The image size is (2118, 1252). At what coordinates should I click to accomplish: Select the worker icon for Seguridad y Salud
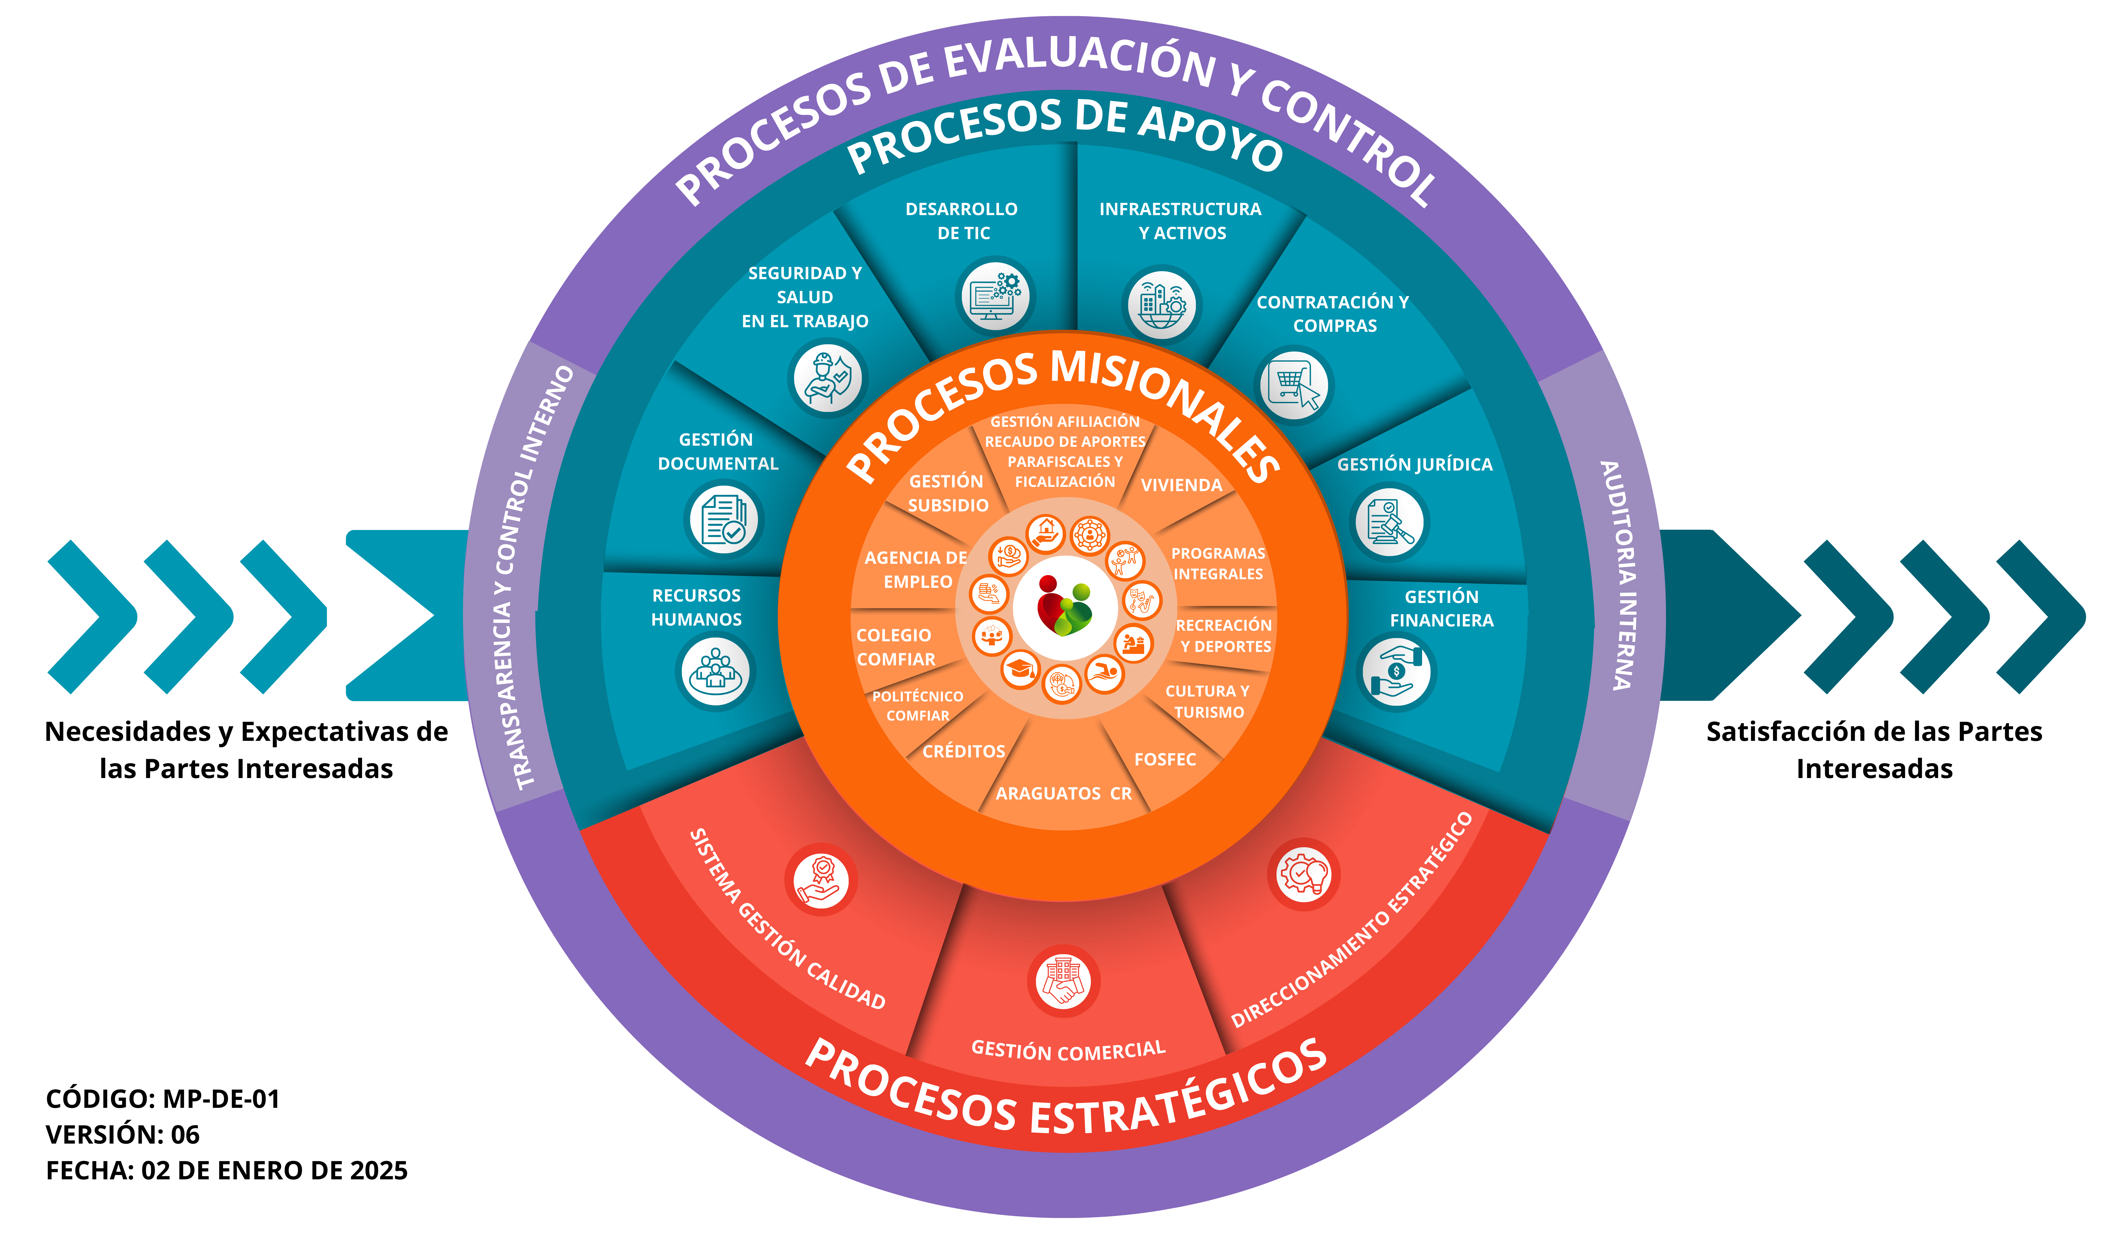tap(827, 378)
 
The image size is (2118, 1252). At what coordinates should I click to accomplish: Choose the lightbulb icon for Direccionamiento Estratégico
tap(1303, 874)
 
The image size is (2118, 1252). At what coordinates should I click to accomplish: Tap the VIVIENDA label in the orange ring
tap(1181, 485)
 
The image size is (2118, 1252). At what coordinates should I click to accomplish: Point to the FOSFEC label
tap(1165, 759)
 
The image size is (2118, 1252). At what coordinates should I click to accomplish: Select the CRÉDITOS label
tap(963, 751)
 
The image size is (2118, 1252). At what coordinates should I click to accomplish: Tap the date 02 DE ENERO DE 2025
tap(274, 1170)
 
